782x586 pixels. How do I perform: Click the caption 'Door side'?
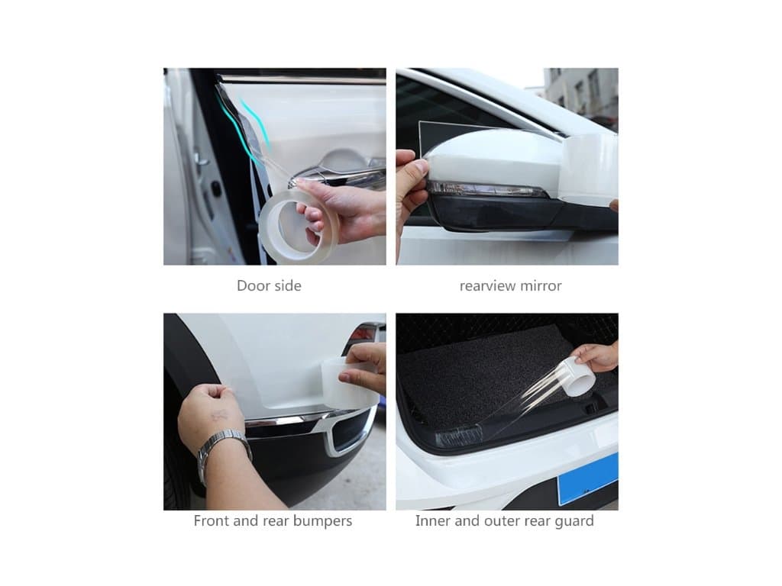(269, 285)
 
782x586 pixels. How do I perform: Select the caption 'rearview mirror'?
(510, 286)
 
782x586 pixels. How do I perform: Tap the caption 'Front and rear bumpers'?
(273, 520)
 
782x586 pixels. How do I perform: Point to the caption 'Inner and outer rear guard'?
(504, 520)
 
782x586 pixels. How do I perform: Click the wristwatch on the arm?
(222, 451)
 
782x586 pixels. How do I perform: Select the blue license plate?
(589, 478)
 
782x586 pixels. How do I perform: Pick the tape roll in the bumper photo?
(349, 382)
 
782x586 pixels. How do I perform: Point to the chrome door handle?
(339, 175)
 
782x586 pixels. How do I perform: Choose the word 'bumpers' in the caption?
(322, 521)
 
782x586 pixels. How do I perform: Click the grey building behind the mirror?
(581, 95)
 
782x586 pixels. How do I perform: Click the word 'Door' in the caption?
(252, 285)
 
